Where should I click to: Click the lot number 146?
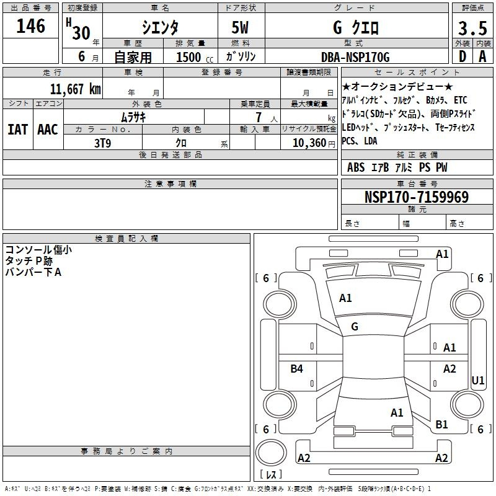coord(30,26)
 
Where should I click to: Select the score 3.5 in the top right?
coord(472,29)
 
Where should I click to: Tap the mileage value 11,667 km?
coord(75,89)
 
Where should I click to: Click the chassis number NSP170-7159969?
coord(417,197)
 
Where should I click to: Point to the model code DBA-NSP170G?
coord(355,57)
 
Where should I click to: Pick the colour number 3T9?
coord(102,143)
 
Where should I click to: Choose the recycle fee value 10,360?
coord(309,143)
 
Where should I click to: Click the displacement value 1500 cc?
coord(195,57)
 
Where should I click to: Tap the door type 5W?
coord(240,27)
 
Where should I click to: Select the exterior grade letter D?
coord(463,56)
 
